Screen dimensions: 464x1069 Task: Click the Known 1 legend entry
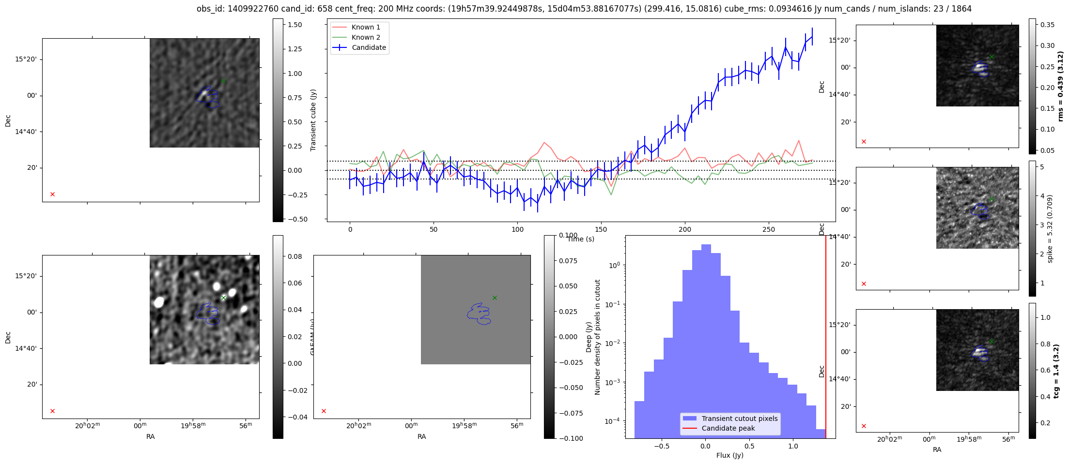tap(366, 27)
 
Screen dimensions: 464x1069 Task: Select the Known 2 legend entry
tap(366, 37)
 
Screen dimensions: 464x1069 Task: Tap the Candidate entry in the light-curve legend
tap(369, 47)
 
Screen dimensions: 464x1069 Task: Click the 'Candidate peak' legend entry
tap(728, 428)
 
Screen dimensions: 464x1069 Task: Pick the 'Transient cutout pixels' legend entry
tap(739, 419)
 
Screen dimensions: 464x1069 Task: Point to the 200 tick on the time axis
tap(685, 229)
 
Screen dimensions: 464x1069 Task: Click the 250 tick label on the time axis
tap(769, 229)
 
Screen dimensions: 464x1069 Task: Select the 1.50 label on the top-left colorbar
tap(294, 25)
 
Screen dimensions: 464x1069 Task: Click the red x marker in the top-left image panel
tap(53, 195)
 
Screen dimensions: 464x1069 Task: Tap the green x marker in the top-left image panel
tap(223, 81)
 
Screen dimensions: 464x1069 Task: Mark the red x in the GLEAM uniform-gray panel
tap(324, 411)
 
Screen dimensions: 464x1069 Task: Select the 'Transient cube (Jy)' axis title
tap(313, 120)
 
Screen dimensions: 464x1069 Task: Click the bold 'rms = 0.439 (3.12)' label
tap(1061, 86)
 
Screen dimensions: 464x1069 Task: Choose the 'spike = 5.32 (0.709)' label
tap(1050, 229)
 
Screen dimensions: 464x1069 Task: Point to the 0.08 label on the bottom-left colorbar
tap(295, 256)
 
